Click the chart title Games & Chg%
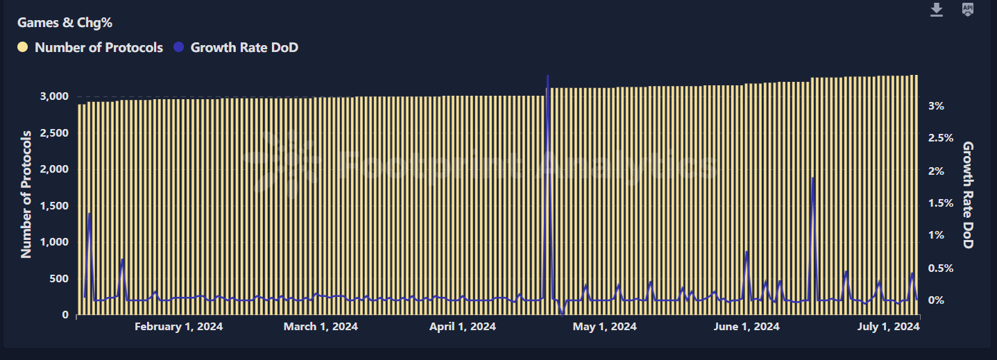(x=65, y=23)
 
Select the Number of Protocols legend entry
(x=99, y=48)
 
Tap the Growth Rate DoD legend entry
(x=244, y=48)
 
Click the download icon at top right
(x=937, y=10)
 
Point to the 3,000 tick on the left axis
(x=54, y=96)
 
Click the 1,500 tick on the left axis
(x=54, y=206)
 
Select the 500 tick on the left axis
(x=60, y=279)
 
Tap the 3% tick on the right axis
(x=936, y=106)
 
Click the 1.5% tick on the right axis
(x=940, y=203)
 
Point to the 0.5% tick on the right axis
(x=940, y=268)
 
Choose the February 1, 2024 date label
(x=179, y=327)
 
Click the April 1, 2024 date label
(x=463, y=327)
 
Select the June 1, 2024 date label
(x=747, y=327)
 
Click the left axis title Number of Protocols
(x=26, y=194)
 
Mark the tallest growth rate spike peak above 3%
(x=548, y=76)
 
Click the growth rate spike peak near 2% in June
(x=812, y=178)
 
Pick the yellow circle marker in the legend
(x=23, y=48)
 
